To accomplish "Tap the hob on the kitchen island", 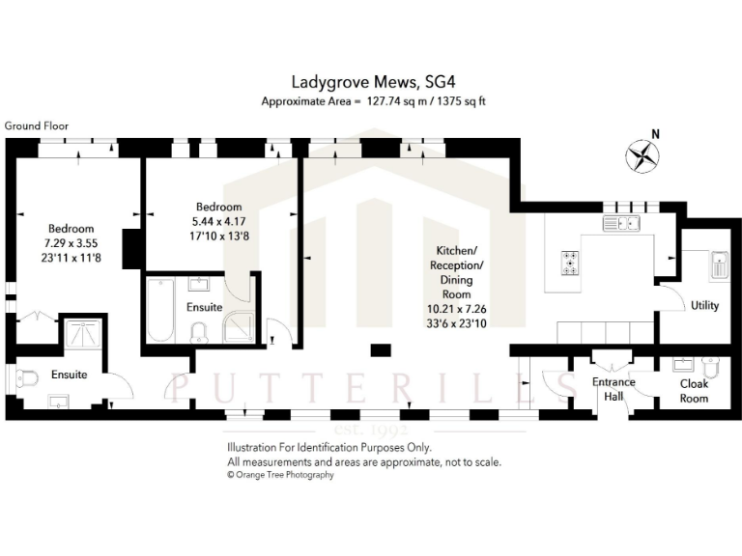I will [571, 262].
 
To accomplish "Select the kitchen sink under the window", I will [621, 224].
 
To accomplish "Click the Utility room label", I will [704, 304].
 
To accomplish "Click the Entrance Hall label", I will [614, 389].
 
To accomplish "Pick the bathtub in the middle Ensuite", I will [159, 309].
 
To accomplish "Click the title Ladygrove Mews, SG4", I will [371, 84].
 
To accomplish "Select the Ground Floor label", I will [36, 125].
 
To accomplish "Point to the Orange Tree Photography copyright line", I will [280, 475].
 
